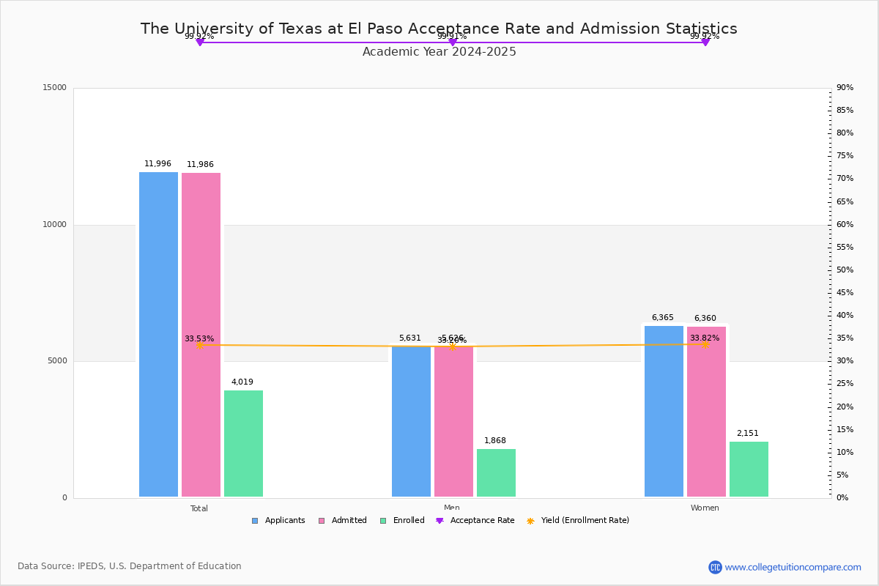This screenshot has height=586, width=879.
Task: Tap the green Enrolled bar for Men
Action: (496, 473)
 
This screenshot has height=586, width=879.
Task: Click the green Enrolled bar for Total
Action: (243, 444)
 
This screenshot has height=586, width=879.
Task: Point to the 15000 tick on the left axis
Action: (54, 88)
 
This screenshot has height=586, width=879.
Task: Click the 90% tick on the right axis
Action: (845, 88)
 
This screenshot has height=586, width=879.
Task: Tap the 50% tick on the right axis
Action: (845, 270)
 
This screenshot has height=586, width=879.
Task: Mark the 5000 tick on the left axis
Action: (56, 361)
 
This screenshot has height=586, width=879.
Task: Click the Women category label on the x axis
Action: (705, 508)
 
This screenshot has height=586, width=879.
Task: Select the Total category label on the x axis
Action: (199, 508)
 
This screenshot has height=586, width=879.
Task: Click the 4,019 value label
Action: (242, 382)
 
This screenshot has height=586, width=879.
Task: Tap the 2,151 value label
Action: (748, 434)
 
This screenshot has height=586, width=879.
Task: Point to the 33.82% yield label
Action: (705, 338)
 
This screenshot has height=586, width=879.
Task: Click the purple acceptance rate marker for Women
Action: (705, 42)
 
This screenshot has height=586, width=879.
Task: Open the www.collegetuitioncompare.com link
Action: (793, 567)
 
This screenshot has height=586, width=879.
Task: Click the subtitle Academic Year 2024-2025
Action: (439, 52)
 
